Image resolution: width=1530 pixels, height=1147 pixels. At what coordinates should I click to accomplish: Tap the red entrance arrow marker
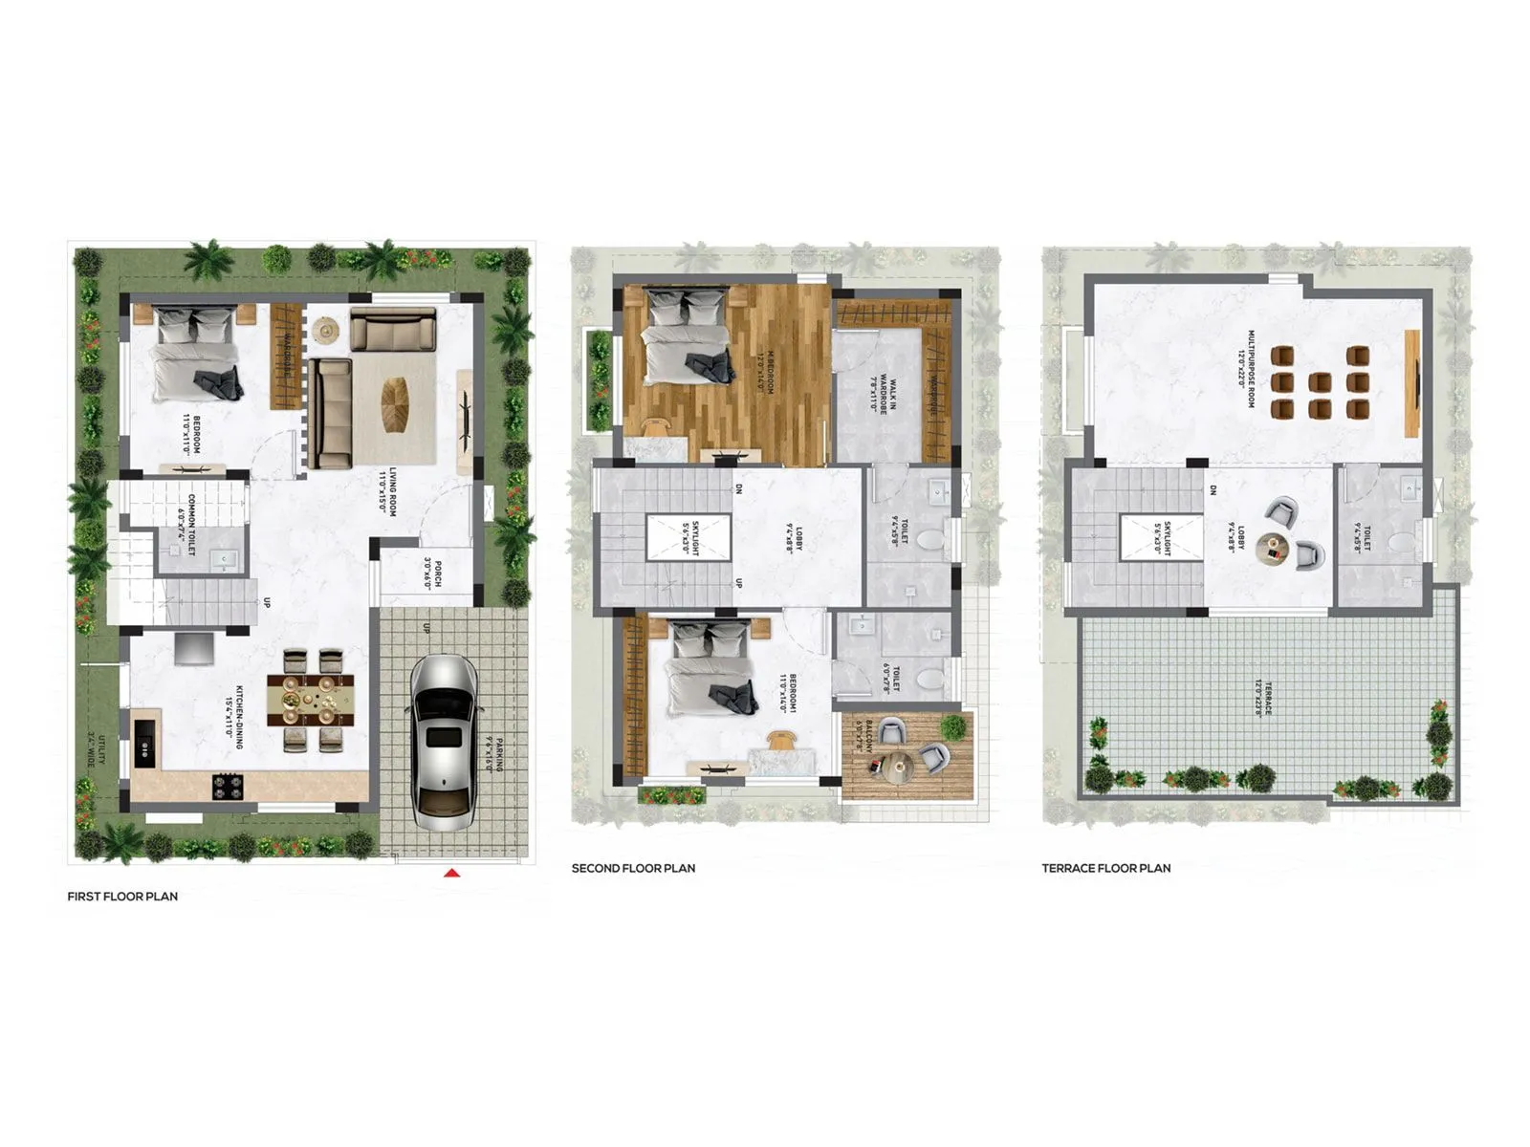453,872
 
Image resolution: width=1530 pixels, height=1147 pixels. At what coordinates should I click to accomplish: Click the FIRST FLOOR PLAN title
122,897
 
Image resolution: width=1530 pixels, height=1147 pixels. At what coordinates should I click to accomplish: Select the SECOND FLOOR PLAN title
633,868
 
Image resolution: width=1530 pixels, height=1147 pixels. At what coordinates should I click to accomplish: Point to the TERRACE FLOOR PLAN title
1106,868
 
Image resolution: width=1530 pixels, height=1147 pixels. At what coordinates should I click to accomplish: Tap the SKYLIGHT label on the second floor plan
689,537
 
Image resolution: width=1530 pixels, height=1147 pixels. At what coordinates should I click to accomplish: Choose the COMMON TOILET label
187,525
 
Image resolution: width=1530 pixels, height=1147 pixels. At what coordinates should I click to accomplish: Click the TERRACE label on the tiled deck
1264,698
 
